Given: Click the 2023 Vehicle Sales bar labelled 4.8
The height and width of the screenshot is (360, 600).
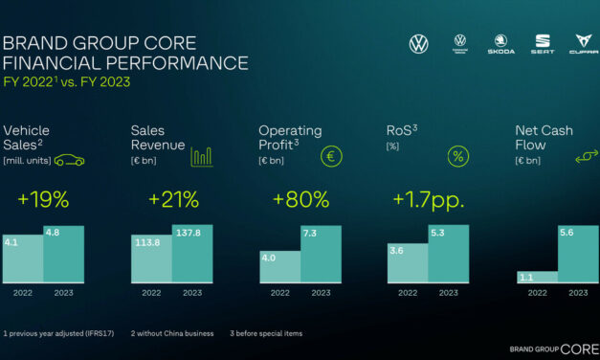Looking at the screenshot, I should [x=63, y=255].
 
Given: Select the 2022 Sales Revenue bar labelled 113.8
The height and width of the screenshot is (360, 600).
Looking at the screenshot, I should [x=151, y=259].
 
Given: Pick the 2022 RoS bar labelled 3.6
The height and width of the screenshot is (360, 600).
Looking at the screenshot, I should [x=407, y=263].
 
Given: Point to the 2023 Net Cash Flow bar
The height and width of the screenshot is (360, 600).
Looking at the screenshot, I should [x=577, y=255].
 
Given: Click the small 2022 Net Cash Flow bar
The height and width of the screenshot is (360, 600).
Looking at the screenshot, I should [x=536, y=278].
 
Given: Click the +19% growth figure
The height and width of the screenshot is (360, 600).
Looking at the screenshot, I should [x=42, y=200].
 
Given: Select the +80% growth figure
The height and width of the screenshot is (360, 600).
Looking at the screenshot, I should [x=300, y=200].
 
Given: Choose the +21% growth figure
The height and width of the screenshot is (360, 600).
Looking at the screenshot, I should [x=173, y=200].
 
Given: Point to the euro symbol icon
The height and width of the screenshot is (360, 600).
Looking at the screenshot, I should [x=330, y=156].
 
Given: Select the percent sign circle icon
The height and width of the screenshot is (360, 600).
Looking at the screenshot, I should [x=458, y=156].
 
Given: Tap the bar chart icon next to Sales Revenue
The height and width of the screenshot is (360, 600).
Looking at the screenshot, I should [x=201, y=156].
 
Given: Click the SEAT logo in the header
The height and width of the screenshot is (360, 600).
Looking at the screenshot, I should [x=542, y=43].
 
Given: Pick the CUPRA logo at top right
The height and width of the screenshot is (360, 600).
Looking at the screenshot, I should [x=580, y=43].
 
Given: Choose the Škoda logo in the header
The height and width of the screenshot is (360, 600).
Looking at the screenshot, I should [x=499, y=43].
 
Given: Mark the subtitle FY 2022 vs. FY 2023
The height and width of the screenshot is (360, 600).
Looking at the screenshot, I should [x=66, y=82].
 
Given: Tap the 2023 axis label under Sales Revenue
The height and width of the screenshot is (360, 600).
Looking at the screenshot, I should [x=192, y=293].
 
